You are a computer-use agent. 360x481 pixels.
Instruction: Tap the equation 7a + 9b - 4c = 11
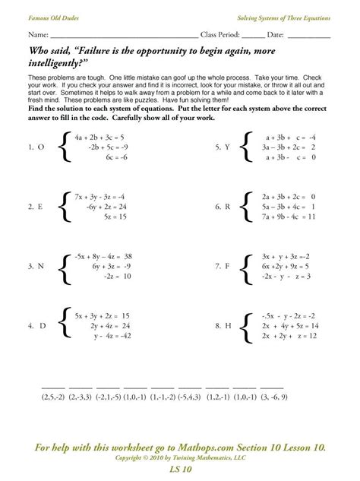coord(287,217)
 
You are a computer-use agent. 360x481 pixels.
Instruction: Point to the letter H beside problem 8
coord(227,326)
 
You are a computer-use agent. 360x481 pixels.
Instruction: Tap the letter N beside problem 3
coord(40,267)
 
